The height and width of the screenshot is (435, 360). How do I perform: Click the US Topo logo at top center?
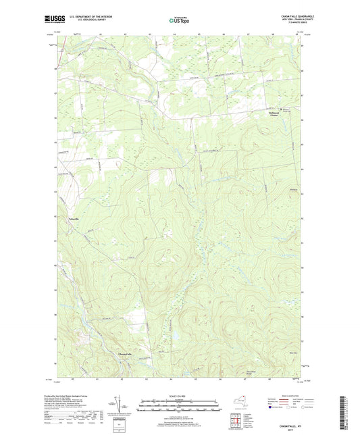coord(180,21)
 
